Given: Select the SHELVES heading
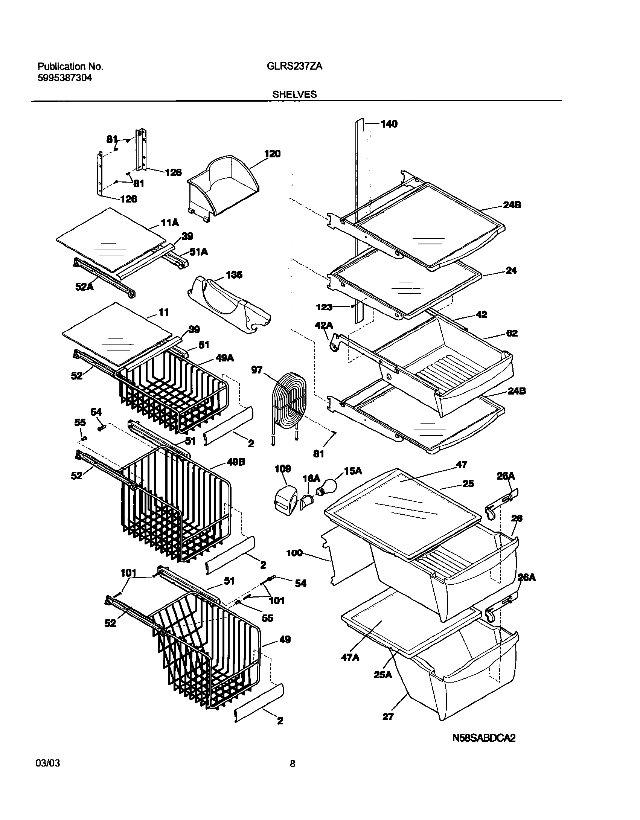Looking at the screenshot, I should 294,94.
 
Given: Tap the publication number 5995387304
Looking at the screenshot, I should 64,78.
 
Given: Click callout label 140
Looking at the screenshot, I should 389,124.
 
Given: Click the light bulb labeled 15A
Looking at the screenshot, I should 327,487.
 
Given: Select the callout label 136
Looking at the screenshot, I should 234,275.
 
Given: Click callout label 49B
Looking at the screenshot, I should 236,462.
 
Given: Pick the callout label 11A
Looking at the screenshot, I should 170,223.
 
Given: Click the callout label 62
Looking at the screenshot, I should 512,333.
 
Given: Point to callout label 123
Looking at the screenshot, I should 324,307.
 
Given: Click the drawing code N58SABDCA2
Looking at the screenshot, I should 483,749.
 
